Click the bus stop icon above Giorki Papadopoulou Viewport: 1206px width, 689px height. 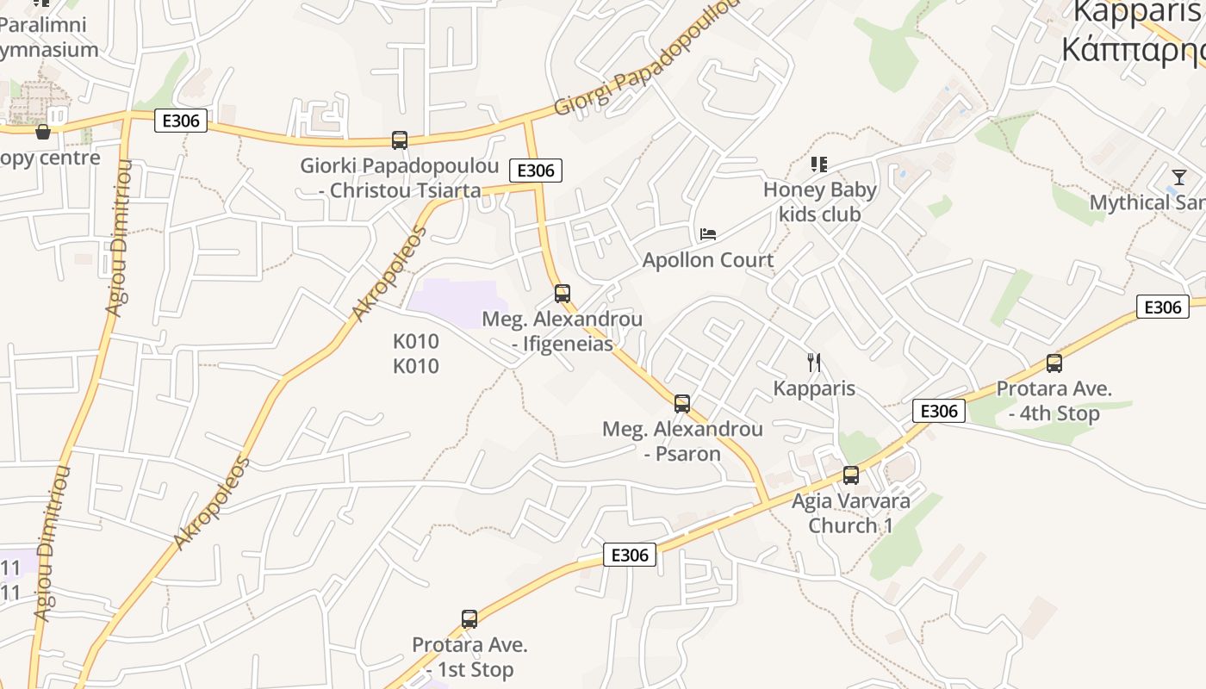click(x=399, y=140)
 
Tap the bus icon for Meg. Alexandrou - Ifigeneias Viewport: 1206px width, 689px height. click(x=563, y=294)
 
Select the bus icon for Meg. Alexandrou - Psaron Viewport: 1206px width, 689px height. click(x=682, y=403)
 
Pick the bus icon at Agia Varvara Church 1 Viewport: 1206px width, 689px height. click(x=851, y=475)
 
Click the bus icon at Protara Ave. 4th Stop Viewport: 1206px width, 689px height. click(x=1054, y=363)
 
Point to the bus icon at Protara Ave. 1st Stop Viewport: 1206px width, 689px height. click(x=469, y=618)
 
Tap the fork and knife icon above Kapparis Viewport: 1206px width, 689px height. click(x=814, y=363)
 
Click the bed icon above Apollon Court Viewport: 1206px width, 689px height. click(x=708, y=233)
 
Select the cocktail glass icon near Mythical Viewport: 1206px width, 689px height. click(x=1179, y=177)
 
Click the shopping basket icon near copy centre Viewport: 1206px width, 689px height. click(x=43, y=132)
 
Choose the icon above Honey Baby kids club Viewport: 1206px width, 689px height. click(x=818, y=164)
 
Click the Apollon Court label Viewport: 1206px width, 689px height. click(x=708, y=260)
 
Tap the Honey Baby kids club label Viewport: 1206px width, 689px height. click(x=819, y=202)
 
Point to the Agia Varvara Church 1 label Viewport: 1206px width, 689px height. click(x=851, y=513)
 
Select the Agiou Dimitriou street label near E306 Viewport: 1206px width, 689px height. click(x=118, y=237)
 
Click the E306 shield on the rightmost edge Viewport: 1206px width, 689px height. click(x=1162, y=307)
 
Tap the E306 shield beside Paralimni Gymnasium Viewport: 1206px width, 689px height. click(x=181, y=121)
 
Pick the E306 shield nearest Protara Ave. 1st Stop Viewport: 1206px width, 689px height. click(x=629, y=555)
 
